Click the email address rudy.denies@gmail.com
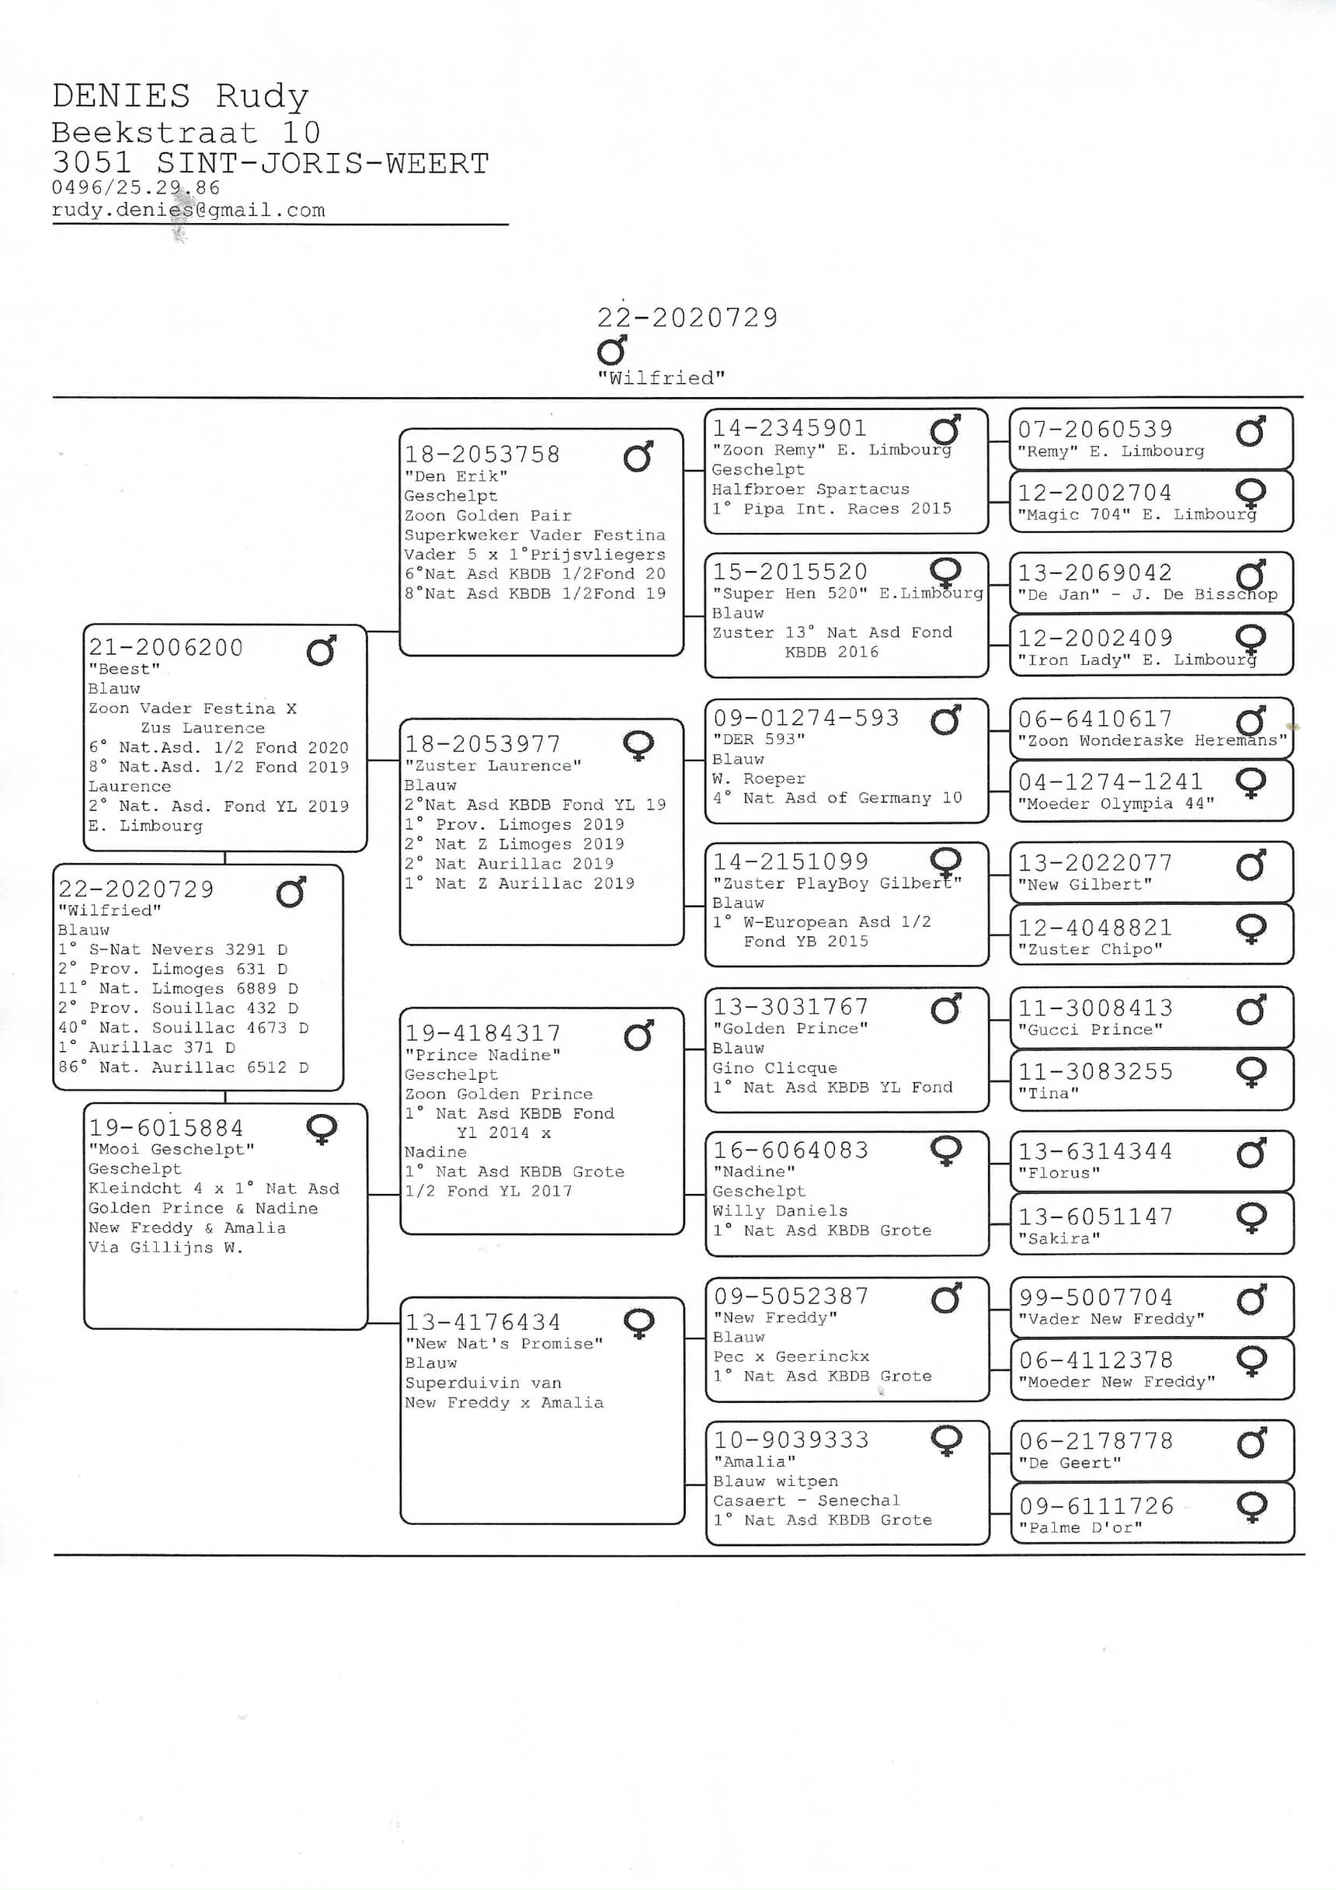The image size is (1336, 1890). coord(188,211)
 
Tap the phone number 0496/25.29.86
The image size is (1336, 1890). coord(136,188)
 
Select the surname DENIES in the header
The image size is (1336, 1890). coord(121,96)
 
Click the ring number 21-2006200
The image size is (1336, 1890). coord(165,648)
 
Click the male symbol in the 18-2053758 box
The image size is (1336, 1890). coord(638,457)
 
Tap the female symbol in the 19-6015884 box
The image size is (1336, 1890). coord(321,1129)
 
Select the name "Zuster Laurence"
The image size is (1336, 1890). coord(492,765)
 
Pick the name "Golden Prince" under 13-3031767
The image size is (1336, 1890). coord(790,1029)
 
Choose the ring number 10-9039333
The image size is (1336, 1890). coord(791,1439)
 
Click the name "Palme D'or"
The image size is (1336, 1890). coord(1080,1528)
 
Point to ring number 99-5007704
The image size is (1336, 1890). coord(1096,1297)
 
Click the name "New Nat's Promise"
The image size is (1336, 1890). coord(504,1343)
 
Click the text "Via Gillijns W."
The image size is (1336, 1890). coord(165,1248)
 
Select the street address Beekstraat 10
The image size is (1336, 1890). coord(186,133)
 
